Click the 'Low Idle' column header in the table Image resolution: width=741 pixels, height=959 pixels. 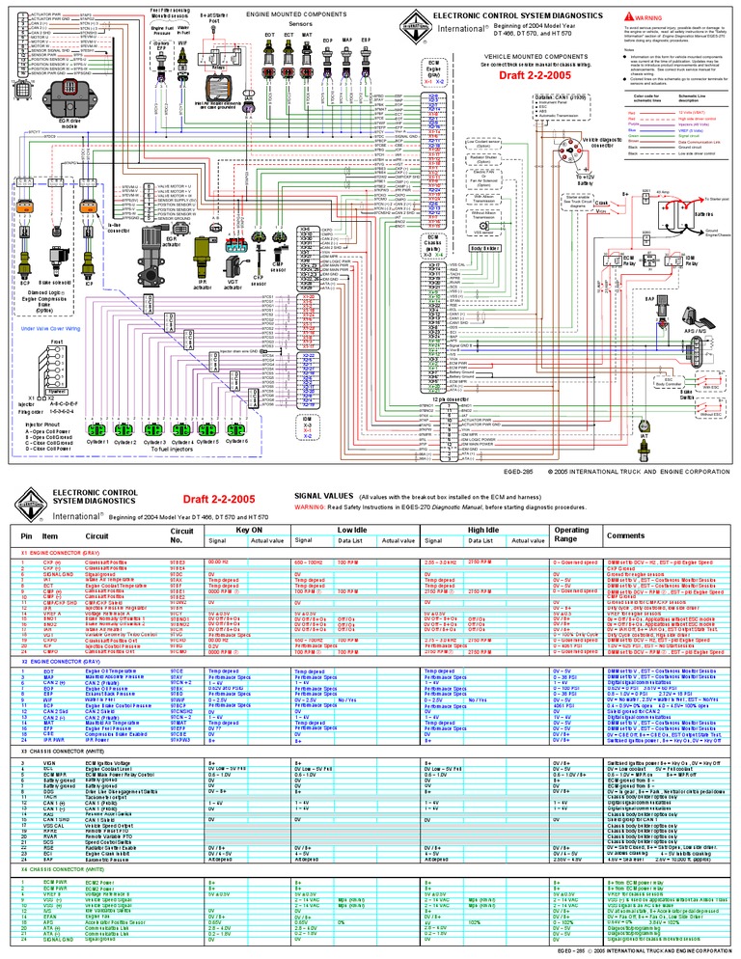tap(351, 531)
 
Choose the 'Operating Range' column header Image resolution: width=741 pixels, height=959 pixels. tap(571, 534)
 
